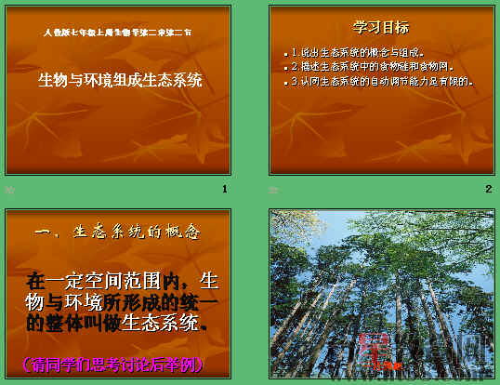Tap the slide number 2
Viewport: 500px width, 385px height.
(x=488, y=189)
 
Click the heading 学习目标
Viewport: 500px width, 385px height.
(x=381, y=27)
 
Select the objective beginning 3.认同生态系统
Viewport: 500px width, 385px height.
(x=382, y=81)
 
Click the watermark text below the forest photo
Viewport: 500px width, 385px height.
(x=437, y=377)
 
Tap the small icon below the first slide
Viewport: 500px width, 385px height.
(x=10, y=189)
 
